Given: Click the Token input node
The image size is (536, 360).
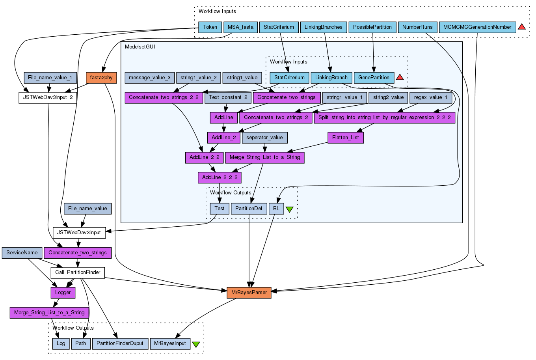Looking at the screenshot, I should pyautogui.click(x=210, y=27).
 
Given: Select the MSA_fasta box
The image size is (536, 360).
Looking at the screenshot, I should pyautogui.click(x=241, y=27).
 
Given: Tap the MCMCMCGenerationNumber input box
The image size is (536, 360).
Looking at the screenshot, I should pyautogui.click(x=477, y=27).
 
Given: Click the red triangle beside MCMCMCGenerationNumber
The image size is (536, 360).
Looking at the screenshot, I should pyautogui.click(x=522, y=27).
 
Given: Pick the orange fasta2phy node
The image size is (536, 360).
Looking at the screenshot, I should pyautogui.click(x=101, y=78).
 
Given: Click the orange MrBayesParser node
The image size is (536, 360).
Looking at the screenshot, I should pyautogui.click(x=249, y=293).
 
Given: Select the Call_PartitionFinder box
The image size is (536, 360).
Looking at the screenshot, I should pyautogui.click(x=78, y=272).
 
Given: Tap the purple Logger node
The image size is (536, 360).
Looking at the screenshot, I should pyautogui.click(x=63, y=293).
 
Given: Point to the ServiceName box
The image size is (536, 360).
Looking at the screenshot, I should pyautogui.click(x=22, y=253).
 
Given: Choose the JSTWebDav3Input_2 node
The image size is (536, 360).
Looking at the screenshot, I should pyautogui.click(x=48, y=97).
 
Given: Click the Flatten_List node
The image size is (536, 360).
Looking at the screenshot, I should pyautogui.click(x=346, y=138).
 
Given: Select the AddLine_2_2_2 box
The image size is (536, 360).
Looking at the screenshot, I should pyautogui.click(x=220, y=177).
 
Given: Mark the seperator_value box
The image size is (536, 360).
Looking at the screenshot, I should pyautogui.click(x=264, y=138).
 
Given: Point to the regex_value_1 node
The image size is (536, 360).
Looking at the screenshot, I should pyautogui.click(x=430, y=97).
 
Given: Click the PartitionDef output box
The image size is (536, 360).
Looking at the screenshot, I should pyautogui.click(x=249, y=209).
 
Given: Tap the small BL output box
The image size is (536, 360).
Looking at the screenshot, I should pyautogui.click(x=276, y=209).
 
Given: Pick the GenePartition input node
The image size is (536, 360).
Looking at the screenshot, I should pyautogui.click(x=374, y=78).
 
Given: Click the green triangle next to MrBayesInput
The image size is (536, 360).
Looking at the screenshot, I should pyautogui.click(x=196, y=344).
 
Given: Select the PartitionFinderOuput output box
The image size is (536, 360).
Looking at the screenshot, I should pyautogui.click(x=120, y=343).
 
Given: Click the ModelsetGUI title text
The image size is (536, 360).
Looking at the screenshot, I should pyautogui.click(x=140, y=47).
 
